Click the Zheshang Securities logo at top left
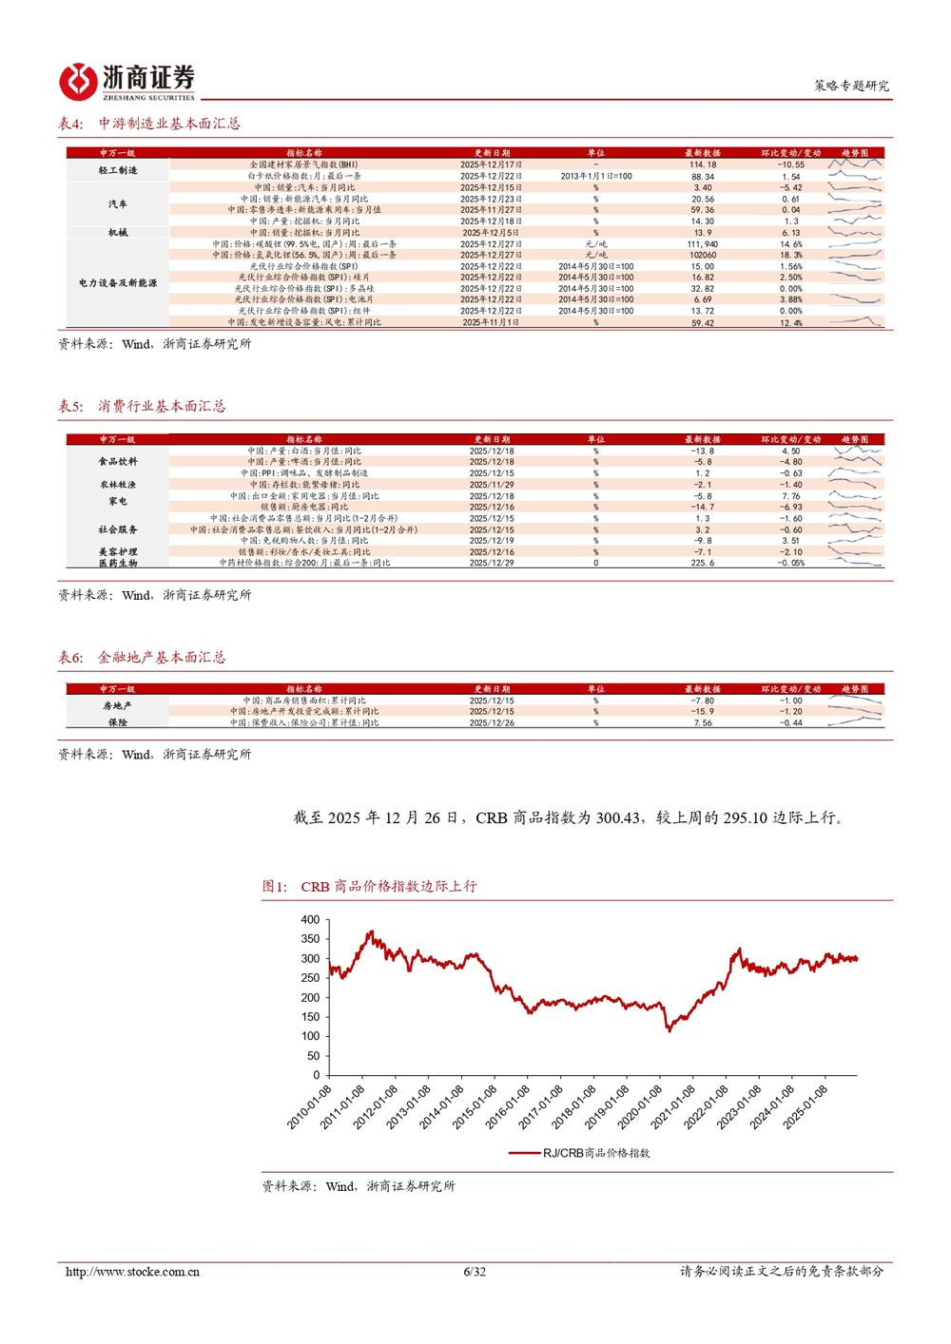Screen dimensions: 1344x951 (126, 82)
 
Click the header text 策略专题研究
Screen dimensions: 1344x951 (851, 86)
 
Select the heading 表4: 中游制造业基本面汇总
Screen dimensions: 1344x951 (149, 124)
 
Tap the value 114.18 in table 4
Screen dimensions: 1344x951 (703, 164)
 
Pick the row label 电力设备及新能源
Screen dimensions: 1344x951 (118, 283)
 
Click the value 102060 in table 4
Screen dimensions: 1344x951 (703, 255)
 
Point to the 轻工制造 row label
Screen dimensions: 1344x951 (118, 170)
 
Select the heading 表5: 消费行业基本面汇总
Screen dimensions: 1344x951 (142, 406)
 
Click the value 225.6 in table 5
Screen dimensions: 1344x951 (703, 563)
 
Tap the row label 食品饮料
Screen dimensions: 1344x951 (118, 462)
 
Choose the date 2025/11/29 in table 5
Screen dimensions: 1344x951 (492, 485)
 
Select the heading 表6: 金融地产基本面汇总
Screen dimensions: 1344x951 (142, 657)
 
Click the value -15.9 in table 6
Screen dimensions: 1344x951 (703, 711)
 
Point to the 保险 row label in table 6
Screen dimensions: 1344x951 (118, 722)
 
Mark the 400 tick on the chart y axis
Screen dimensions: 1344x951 (310, 920)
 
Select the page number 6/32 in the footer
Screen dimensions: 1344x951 (475, 1272)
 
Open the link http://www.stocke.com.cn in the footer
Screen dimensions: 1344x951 (132, 1272)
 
